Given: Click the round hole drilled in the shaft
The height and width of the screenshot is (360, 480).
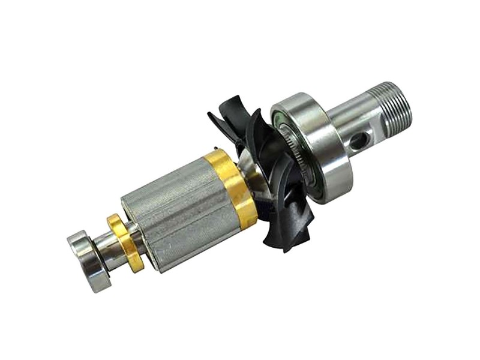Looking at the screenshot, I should pos(358,142).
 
